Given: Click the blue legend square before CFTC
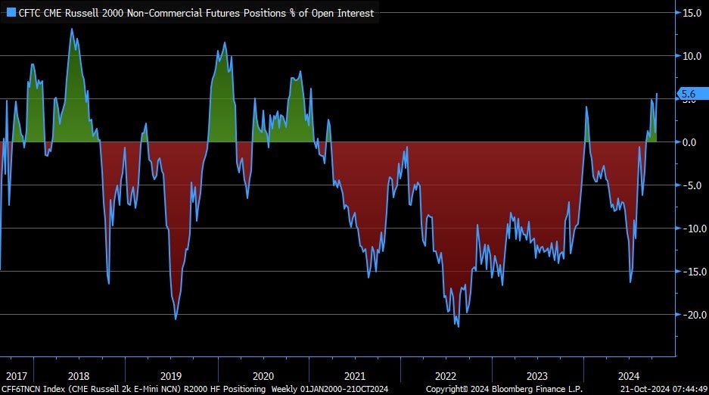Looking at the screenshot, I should point(11,13).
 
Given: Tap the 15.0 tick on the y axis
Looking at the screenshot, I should point(692,13).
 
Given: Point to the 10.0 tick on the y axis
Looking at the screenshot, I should point(692,56).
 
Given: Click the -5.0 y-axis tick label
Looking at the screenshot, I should point(692,185).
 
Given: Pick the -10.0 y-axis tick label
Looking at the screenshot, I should point(691,229).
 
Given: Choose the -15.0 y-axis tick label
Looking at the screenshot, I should point(691,272).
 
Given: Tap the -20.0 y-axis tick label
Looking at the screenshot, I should point(691,315).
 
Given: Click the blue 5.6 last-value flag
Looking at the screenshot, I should point(689,94).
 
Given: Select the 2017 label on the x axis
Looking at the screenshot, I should point(17,375).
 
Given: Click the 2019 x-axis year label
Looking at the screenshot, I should point(171,375).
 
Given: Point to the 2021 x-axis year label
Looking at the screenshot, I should point(354,375).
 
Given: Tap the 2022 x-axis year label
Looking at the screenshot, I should point(445,375).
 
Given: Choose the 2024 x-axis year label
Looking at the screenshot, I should point(628,375).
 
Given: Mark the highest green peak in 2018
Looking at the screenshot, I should point(72,30).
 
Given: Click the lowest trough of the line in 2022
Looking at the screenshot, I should point(457,326).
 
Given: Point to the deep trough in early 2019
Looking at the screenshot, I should point(176,319).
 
